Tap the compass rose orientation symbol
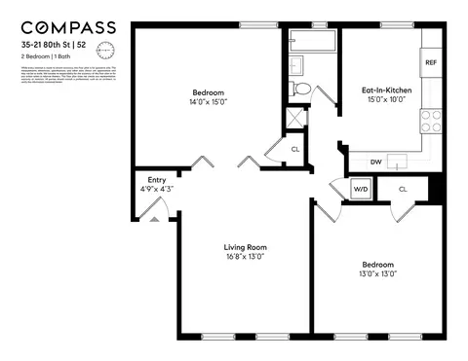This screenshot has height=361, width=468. pos(106,50)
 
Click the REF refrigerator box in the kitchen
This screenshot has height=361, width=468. pos(430,63)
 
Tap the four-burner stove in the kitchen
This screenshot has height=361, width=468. pos(430,121)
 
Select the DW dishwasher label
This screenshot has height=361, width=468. pos(375,162)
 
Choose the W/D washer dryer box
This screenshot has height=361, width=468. pos(360,189)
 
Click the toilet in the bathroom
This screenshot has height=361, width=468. pos(302,90)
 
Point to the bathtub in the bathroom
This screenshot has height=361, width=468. pos(312,42)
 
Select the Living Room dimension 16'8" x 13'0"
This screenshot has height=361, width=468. pos(245,258)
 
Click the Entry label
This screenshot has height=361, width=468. pos(156,179)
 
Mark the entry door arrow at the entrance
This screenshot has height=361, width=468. pos(153,219)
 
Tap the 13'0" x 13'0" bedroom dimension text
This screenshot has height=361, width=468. pos(379,274)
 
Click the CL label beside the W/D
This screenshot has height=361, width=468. pos(402,189)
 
